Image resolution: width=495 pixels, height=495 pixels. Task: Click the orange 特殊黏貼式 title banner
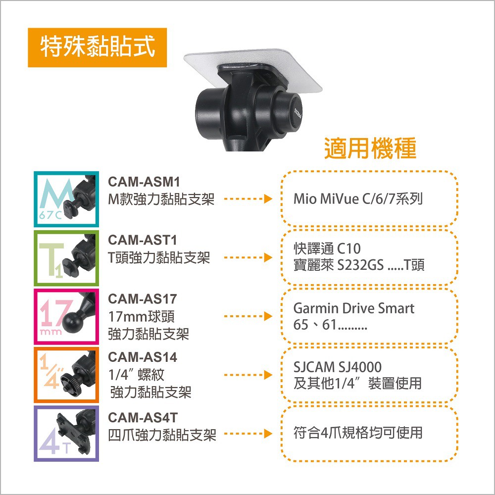tap(97, 48)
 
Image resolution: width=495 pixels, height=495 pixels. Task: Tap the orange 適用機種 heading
tap(370, 148)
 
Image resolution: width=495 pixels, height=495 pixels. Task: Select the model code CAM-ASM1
tap(144, 182)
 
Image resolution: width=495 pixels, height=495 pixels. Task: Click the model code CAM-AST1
tap(143, 240)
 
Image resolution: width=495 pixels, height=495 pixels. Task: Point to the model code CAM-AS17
tap(143, 298)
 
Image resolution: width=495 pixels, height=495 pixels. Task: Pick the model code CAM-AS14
tap(143, 357)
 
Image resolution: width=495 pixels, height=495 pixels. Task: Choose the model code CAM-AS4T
tap(143, 417)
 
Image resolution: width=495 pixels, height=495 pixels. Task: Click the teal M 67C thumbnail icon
tap(66, 199)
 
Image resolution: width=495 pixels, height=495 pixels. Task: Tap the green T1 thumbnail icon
tap(66, 258)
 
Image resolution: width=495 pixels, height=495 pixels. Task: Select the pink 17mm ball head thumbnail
tap(66, 316)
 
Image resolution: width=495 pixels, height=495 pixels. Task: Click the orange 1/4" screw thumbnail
tap(66, 375)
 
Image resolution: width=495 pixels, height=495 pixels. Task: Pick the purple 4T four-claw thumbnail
tap(66, 434)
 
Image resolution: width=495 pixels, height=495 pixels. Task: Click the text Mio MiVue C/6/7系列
tap(358, 199)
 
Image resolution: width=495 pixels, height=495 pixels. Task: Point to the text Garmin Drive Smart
tap(353, 308)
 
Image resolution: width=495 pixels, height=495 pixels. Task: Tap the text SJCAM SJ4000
tap(338, 367)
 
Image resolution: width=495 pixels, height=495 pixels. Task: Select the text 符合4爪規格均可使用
tap(358, 433)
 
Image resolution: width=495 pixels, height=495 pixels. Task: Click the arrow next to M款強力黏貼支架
tap(248, 199)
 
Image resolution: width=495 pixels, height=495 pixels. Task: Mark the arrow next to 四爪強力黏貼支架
tap(248, 434)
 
